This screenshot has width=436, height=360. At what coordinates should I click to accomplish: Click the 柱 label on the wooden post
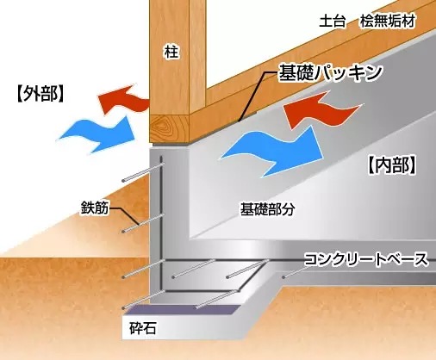(171, 52)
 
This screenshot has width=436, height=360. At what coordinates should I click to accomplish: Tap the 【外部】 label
(40, 94)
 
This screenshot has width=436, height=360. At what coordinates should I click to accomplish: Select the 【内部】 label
(392, 165)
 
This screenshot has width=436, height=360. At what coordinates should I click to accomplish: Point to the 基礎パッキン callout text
(331, 72)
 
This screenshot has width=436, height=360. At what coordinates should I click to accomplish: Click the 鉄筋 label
(95, 208)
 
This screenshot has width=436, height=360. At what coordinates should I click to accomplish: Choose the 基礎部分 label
(267, 209)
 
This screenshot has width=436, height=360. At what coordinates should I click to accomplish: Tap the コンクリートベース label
(366, 259)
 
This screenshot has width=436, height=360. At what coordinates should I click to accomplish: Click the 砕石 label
(143, 327)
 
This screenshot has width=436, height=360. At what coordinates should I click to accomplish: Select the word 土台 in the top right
(333, 21)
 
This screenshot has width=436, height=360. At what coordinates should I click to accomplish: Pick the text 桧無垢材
(388, 21)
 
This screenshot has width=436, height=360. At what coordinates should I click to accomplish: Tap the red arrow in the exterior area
(123, 99)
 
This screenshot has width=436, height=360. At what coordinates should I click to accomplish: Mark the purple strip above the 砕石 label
(184, 309)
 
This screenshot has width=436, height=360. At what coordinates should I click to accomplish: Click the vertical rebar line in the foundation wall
(161, 222)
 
